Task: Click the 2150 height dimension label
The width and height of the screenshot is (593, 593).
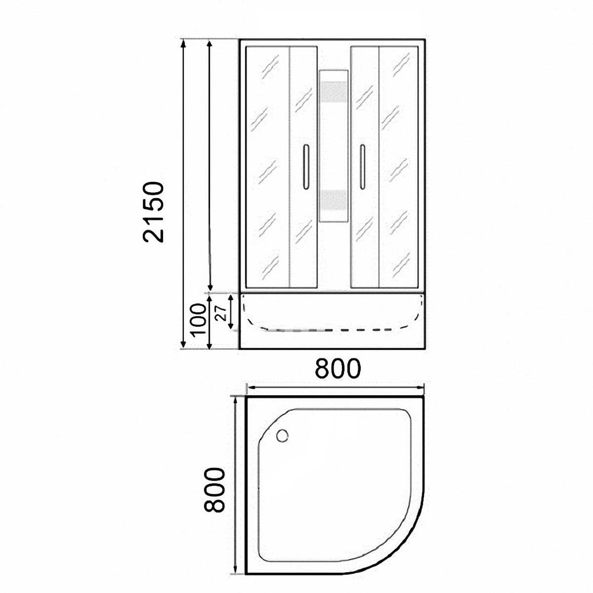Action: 154,212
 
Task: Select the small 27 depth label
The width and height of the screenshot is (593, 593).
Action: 221,312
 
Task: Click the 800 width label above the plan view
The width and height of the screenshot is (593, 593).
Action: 338,368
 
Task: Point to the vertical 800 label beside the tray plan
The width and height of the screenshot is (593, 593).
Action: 214,490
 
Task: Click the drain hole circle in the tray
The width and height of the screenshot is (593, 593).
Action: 282,435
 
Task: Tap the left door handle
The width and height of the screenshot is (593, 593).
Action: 306,167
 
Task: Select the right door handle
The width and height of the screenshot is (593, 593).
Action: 362,167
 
